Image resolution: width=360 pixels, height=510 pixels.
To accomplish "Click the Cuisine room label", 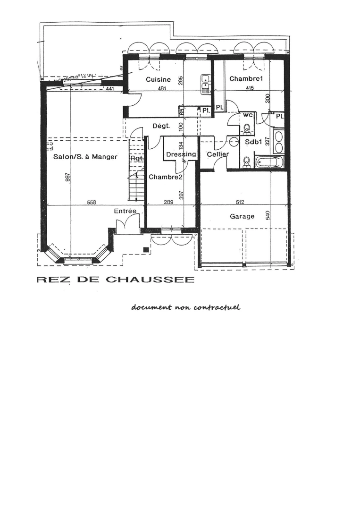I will pos(158,80).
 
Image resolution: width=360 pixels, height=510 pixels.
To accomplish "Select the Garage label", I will pos(242,216).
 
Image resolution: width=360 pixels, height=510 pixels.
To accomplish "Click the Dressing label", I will pos(181,154).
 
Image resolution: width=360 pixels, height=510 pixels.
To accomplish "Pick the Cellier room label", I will pos(218,154).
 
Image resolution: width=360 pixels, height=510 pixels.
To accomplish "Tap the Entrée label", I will pos(125,211).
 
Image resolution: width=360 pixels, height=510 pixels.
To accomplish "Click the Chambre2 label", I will pos(165,177).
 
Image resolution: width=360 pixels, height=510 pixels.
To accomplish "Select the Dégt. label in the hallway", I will pos(161,126).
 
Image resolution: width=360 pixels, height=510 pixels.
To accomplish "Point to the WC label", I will pos(249,115).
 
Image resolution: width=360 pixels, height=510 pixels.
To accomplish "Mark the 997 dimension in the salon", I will pos(69,178).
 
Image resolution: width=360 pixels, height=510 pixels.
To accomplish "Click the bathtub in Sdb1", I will pos(269,162).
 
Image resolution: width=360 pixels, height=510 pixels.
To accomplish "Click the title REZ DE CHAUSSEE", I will pos(115,280).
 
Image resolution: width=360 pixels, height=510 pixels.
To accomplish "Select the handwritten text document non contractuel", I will pos(186,307).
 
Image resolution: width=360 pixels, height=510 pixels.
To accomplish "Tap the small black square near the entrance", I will pos(146,249).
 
